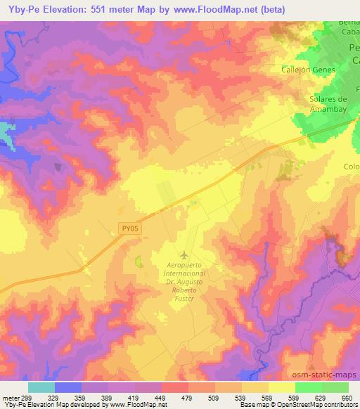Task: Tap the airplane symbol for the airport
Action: [x=184, y=254]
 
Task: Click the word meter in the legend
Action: [x=10, y=398]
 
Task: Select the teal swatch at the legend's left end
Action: [x=41, y=387]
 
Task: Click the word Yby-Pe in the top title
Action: [x=17, y=10]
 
